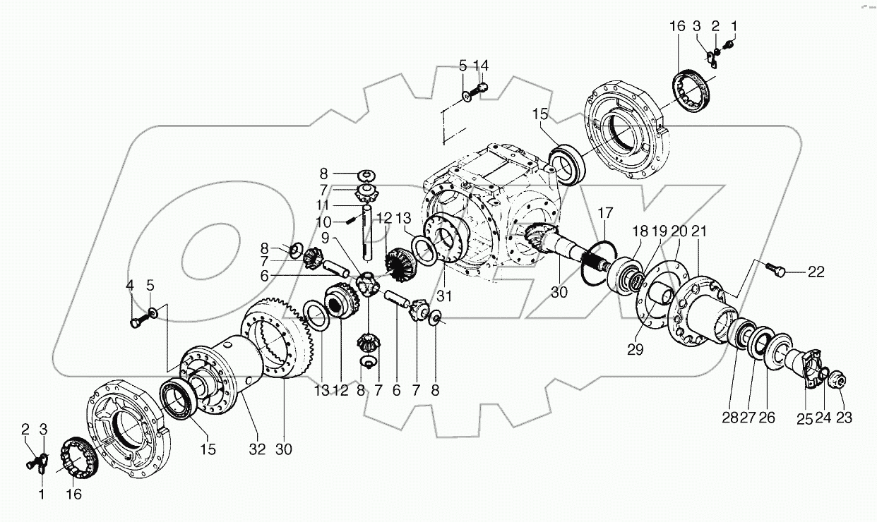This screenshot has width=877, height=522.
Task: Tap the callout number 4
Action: pyautogui.click(x=130, y=286)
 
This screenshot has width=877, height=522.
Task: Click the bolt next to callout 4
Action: pyautogui.click(x=136, y=322)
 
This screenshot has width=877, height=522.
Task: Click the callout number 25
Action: pyautogui.click(x=806, y=418)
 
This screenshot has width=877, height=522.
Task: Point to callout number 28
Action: pyautogui.click(x=729, y=418)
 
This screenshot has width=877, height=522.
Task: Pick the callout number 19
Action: pyautogui.click(x=659, y=231)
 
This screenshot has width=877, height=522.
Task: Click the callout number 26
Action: pyautogui.click(x=767, y=418)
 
